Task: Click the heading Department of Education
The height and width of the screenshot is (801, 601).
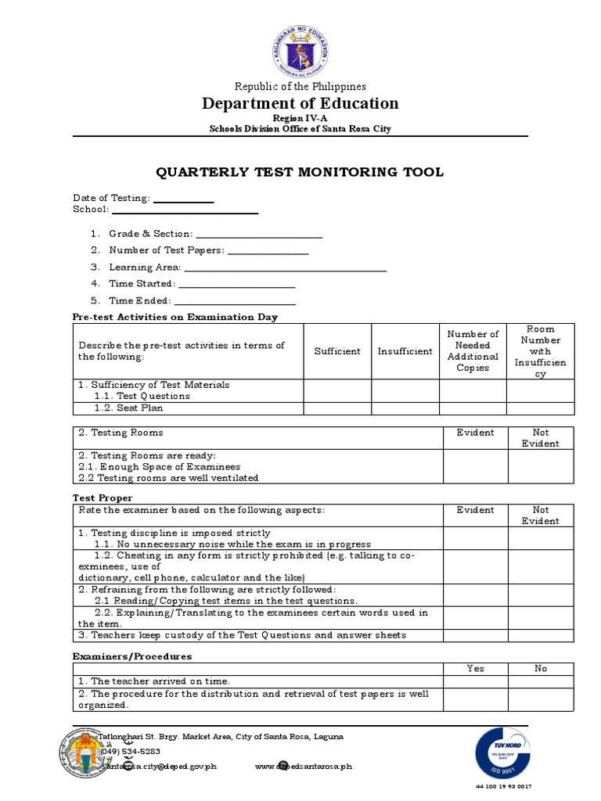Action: click(300, 103)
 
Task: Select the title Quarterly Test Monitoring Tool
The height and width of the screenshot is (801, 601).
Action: click(300, 172)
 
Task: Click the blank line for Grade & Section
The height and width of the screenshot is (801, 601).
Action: click(258, 235)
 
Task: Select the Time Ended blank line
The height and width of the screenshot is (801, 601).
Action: click(235, 303)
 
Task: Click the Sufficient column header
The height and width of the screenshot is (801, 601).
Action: click(337, 351)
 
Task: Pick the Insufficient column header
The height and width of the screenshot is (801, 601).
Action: click(405, 351)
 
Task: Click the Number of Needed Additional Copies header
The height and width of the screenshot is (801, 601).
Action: click(473, 350)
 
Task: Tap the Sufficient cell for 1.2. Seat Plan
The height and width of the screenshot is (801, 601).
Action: click(337, 408)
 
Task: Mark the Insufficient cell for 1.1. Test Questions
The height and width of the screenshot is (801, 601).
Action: click(405, 396)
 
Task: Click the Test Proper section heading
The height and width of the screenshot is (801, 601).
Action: click(103, 497)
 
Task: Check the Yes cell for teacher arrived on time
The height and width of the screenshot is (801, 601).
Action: click(475, 681)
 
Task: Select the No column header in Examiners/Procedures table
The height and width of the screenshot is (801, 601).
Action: click(541, 669)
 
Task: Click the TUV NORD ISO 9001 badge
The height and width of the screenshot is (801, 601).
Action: click(502, 754)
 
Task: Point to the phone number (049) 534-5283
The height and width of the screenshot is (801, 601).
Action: click(130, 751)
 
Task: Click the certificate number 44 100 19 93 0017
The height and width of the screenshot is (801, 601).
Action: click(503, 786)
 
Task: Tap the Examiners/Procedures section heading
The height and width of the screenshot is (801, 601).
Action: click(132, 656)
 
